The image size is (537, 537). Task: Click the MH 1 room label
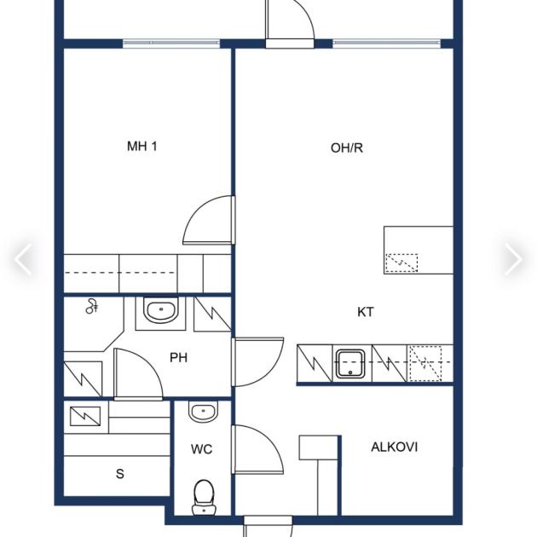click(x=142, y=147)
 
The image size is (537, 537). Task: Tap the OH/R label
click(x=347, y=147)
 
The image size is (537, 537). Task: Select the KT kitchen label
click(x=366, y=312)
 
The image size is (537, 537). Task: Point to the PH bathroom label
click(x=178, y=357)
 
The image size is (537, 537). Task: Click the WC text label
click(x=201, y=449)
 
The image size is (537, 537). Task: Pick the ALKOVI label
click(x=394, y=447)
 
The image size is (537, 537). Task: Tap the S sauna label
click(x=120, y=474)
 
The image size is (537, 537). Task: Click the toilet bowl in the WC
click(x=204, y=497)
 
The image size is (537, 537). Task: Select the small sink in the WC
click(x=203, y=412)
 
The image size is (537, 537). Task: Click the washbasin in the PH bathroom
click(x=160, y=310)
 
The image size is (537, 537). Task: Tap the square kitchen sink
click(x=350, y=364)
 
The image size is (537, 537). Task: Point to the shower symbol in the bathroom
click(x=92, y=306)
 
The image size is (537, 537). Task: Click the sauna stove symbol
click(x=85, y=416)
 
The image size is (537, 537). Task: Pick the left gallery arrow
click(x=23, y=259)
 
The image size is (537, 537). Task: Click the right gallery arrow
click(x=513, y=259)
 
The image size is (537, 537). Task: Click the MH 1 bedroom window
click(x=171, y=43)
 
